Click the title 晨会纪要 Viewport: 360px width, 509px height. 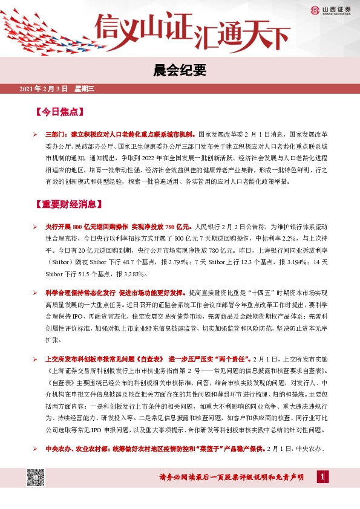point(180,70)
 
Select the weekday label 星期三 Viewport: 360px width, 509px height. point(85,89)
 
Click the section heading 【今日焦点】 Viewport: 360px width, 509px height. point(59,112)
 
